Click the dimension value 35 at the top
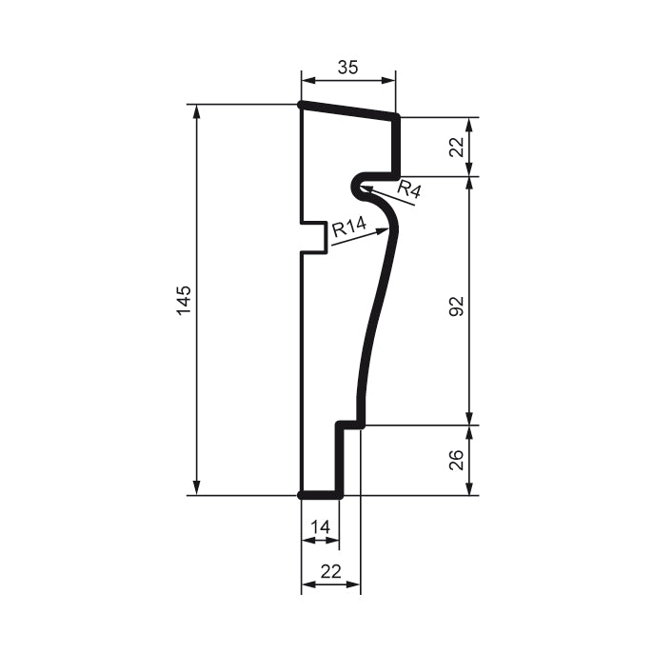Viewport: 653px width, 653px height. click(x=347, y=68)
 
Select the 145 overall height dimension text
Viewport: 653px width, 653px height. click(x=185, y=299)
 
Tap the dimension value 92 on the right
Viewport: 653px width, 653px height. click(x=456, y=306)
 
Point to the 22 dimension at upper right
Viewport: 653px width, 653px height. click(x=456, y=147)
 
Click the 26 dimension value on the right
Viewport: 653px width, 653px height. click(x=456, y=460)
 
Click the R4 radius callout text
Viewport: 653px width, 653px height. click(x=409, y=188)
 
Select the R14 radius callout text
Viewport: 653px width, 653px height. click(x=349, y=228)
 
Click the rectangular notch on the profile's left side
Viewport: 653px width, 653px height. click(x=315, y=238)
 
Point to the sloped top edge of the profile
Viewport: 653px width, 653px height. click(x=348, y=110)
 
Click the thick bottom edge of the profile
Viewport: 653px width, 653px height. click(x=321, y=495)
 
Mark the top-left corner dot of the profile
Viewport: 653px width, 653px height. click(x=302, y=105)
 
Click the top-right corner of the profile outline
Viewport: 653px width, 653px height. click(x=396, y=117)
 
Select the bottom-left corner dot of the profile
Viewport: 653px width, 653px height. click(x=302, y=495)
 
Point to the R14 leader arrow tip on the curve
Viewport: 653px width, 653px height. click(x=387, y=229)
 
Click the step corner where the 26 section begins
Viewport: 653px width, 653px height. click(x=362, y=425)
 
